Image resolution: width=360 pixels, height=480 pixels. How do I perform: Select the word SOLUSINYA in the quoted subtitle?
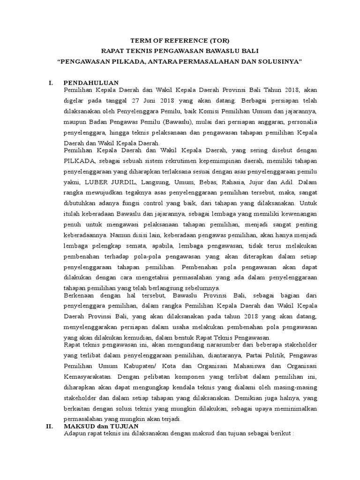pyautogui.click(x=279, y=62)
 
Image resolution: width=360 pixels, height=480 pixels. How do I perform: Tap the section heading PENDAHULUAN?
pyautogui.click(x=91, y=83)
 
